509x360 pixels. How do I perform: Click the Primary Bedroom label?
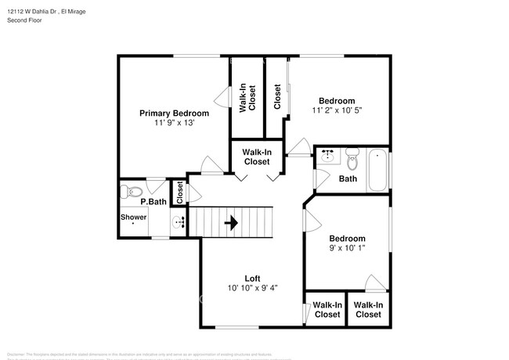tap(174, 113)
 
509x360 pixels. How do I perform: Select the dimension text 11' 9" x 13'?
tap(174, 123)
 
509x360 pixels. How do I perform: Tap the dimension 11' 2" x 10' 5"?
tap(336, 111)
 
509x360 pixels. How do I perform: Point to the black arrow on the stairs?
tap(232, 223)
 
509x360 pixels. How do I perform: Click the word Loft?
tap(252, 278)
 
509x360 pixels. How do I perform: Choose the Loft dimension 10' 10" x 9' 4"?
tap(252, 288)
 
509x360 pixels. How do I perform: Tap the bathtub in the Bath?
tap(377, 171)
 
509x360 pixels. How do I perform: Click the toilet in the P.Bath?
tap(132, 190)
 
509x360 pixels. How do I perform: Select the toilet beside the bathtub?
tap(352, 162)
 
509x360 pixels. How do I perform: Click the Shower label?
tap(133, 218)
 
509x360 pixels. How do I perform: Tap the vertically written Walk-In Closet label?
tap(247, 97)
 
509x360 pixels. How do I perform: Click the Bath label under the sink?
tap(348, 179)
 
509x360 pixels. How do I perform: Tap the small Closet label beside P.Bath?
tap(179, 193)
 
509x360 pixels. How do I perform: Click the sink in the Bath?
tap(327, 157)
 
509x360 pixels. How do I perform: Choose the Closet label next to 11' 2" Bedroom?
tap(277, 97)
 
